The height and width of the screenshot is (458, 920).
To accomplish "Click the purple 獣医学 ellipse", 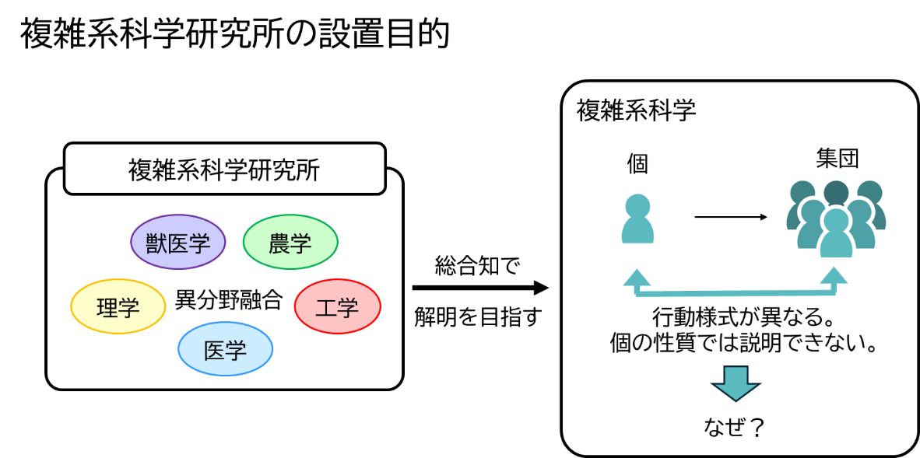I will (177, 242).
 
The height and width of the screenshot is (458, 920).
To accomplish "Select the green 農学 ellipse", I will (290, 243).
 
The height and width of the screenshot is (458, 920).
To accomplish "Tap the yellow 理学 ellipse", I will (118, 306).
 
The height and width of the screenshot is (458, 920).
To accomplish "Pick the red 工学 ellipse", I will (337, 306).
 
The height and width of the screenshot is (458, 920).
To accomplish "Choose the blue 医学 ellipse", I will (225, 350).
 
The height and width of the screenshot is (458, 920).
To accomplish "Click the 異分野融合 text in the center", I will (228, 300).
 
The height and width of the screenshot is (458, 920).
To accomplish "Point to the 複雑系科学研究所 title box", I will (224, 170).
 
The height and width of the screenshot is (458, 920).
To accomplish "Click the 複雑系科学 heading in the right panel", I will (636, 110).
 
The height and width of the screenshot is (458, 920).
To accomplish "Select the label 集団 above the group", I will (837, 160).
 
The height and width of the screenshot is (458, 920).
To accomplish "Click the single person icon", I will (637, 219).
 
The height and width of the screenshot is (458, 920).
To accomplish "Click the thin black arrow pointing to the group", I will (731, 217).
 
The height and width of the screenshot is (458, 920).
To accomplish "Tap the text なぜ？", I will (734, 426).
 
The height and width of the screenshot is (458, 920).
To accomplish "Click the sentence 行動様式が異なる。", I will (743, 319).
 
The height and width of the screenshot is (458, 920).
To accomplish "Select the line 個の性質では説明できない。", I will (743, 343).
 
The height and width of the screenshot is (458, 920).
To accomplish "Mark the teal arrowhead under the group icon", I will (834, 276).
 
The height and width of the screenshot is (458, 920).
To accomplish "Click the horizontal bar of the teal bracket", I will (736, 293).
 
